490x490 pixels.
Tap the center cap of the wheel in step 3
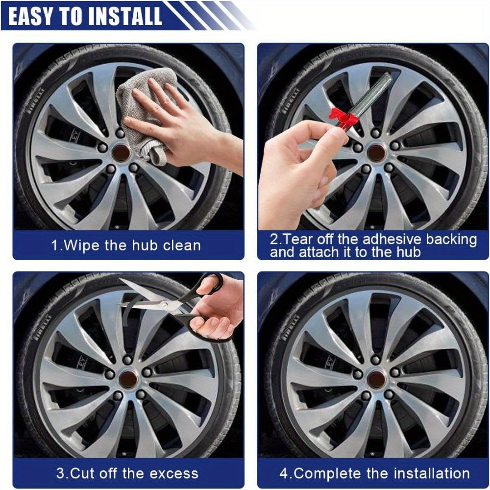[129, 380]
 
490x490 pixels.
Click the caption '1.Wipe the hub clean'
[126, 245]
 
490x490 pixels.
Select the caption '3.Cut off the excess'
[127, 473]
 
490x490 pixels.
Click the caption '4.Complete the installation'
[374, 473]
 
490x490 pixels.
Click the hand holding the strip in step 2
[299, 171]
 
